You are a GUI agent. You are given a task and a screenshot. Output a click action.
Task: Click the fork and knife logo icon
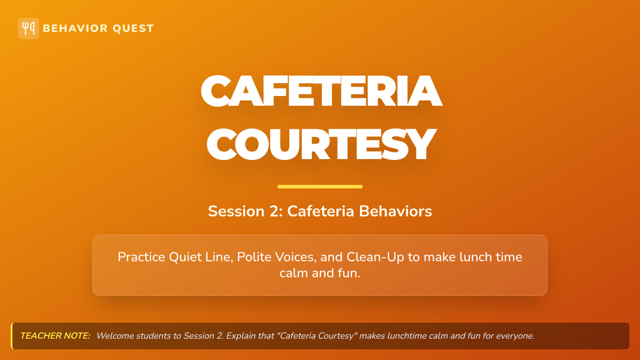click(x=28, y=28)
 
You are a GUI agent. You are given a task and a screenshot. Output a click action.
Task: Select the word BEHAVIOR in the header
click(x=75, y=28)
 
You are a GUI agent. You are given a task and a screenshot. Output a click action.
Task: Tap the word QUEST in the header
click(x=133, y=29)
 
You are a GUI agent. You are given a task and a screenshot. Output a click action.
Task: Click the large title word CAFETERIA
click(x=322, y=91)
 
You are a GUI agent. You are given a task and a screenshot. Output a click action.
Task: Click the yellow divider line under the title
click(x=320, y=187)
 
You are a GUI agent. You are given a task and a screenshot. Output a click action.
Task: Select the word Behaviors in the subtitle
click(x=395, y=211)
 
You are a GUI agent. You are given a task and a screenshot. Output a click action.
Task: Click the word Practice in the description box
click(x=141, y=257)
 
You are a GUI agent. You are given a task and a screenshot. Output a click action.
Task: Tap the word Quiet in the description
click(x=185, y=257)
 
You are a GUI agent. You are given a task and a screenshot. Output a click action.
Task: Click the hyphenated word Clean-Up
click(x=375, y=258)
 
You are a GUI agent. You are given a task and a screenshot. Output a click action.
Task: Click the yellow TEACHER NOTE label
click(x=55, y=335)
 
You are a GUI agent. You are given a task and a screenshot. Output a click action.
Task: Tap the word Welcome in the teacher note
click(x=115, y=335)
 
